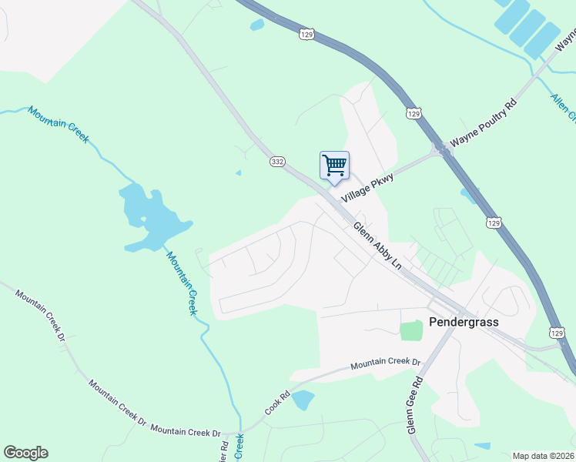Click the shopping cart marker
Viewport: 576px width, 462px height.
click(334, 166)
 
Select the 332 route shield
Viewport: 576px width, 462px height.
click(278, 162)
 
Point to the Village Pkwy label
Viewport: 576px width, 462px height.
click(368, 189)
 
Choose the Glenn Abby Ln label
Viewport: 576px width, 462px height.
click(377, 246)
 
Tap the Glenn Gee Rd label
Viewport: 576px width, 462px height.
click(416, 405)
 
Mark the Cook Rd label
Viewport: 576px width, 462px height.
click(278, 405)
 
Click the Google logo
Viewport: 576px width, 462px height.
click(25, 453)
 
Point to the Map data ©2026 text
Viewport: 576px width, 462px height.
click(543, 456)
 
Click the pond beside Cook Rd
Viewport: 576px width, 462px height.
click(302, 400)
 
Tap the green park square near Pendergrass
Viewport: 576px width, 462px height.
click(411, 330)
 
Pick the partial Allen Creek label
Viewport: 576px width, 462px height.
click(563, 107)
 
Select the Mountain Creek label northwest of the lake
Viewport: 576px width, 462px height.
click(59, 124)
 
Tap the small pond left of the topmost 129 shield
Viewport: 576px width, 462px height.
click(256, 25)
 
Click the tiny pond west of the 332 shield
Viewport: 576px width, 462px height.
click(239, 172)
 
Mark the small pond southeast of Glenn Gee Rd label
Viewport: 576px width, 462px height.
click(482, 446)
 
